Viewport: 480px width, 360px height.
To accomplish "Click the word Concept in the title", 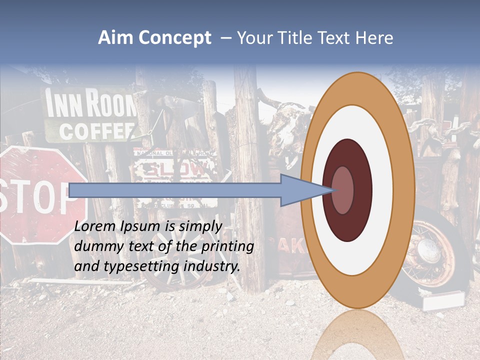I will pyautogui.click(x=174, y=38).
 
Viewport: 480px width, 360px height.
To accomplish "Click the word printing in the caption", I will pyautogui.click(x=226, y=246).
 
